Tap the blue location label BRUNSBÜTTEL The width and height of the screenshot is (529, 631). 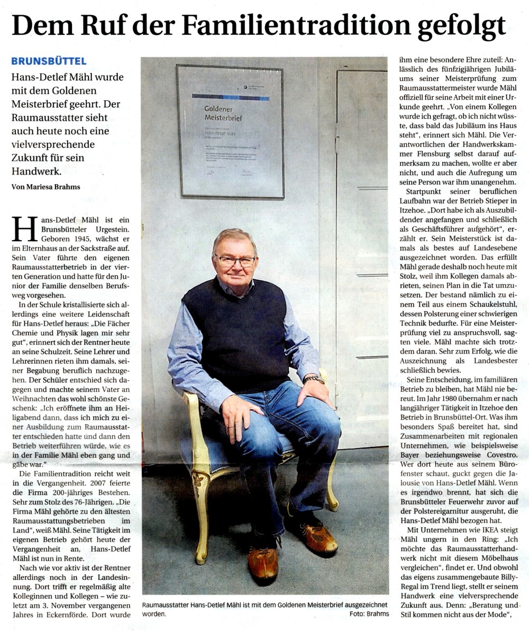point(49,61)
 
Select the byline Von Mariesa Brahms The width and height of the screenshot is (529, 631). point(46,186)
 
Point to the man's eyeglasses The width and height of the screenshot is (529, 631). point(235,260)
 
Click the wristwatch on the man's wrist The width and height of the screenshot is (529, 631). point(313,379)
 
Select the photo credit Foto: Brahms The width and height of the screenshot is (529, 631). point(369,614)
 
